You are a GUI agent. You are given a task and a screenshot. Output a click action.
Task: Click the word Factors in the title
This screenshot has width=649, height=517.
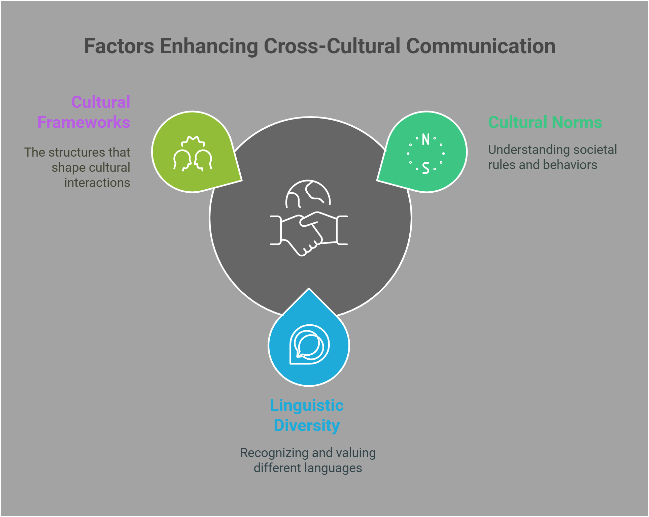click(x=119, y=46)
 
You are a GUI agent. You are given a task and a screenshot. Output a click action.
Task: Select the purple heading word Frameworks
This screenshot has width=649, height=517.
click(x=84, y=122)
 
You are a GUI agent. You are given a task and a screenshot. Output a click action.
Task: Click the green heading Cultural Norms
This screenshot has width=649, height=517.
click(x=545, y=122)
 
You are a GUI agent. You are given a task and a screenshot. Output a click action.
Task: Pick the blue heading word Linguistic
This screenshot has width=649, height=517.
click(x=307, y=406)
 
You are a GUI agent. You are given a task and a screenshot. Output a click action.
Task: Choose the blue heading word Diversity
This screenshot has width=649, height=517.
click(x=307, y=425)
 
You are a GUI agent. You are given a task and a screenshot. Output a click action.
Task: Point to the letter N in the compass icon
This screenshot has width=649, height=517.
click(x=426, y=140)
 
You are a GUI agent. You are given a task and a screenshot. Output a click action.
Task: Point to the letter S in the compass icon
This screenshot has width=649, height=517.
click(x=426, y=168)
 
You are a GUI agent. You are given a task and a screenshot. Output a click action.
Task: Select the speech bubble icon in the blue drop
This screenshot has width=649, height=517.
click(x=309, y=345)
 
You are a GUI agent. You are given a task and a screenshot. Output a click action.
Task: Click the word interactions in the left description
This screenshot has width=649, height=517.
click(x=97, y=183)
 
